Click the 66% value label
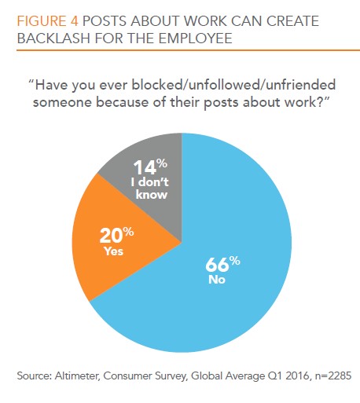pyautogui.click(x=222, y=264)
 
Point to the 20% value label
pyautogui.click(x=116, y=235)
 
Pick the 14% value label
pyautogui.click(x=150, y=167)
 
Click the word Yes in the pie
pyautogui.click(x=114, y=251)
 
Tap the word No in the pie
pyautogui.click(x=217, y=280)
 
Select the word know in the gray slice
pyautogui.click(x=152, y=195)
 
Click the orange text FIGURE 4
pyautogui.click(x=48, y=21)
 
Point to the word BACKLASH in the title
pyautogui.click(x=53, y=38)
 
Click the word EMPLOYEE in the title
pyautogui.click(x=195, y=38)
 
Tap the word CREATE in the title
pyautogui.click(x=292, y=21)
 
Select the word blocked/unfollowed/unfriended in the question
pyautogui.click(x=233, y=86)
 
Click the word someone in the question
pyautogui.click(x=62, y=102)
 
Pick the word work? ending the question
pyautogui.click(x=308, y=102)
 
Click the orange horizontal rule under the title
pyautogui.click(x=188, y=50)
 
